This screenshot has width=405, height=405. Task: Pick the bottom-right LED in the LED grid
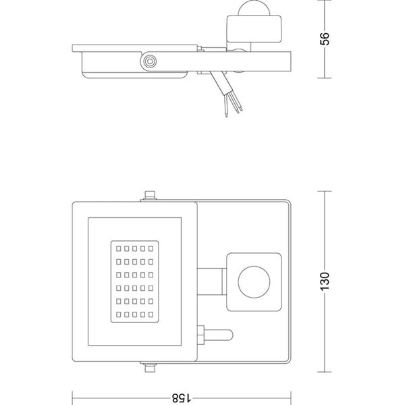(x=157, y=315)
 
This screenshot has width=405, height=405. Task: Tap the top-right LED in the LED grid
(x=157, y=245)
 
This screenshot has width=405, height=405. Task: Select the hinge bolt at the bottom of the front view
(x=149, y=369)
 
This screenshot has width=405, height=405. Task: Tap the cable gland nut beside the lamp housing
(x=200, y=334)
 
